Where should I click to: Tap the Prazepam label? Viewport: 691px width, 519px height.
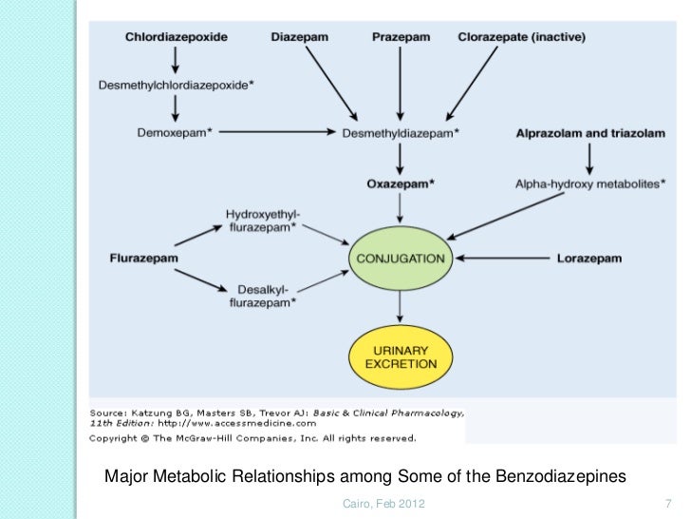400,38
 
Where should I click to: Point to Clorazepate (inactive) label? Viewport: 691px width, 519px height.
521,38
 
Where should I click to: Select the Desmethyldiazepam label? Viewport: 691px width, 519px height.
400,133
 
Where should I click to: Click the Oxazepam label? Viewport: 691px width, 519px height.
400,183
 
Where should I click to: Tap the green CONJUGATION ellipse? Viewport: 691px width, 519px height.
400,258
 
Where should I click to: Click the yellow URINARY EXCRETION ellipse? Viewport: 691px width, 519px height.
400,356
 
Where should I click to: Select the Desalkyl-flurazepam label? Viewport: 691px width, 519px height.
261,296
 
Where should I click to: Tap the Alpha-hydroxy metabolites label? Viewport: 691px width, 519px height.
589,183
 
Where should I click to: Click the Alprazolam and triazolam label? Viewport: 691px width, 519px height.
589,133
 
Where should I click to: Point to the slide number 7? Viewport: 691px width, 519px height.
669,502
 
